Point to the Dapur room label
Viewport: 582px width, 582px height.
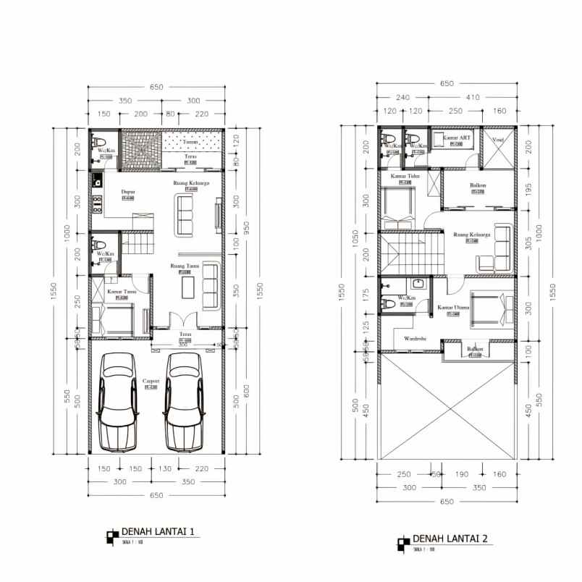coord(126,192)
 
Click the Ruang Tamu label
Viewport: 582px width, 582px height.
coord(184,266)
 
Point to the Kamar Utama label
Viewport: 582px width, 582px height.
coord(454,308)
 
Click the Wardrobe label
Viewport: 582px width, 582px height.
coord(415,337)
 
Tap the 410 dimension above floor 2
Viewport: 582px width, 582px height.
coord(473,97)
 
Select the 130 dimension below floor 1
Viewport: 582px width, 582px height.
coord(166,468)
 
